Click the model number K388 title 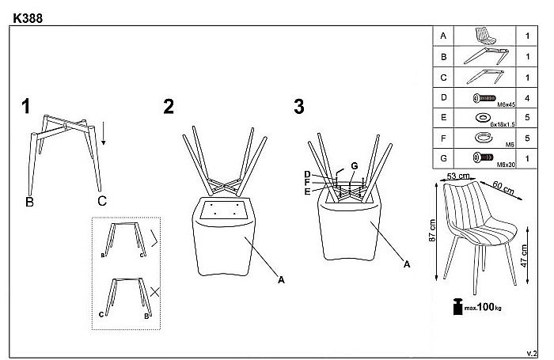(x=28, y=18)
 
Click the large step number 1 (x=26, y=106)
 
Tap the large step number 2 (x=169, y=106)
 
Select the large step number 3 (x=299, y=107)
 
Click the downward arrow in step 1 (x=103, y=133)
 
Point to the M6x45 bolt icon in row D (x=484, y=98)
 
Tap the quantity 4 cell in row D (x=527, y=98)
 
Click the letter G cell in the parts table (x=443, y=158)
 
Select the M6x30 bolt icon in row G (x=483, y=157)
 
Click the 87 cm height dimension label (x=432, y=230)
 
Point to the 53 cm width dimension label (x=458, y=176)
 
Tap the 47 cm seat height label (x=524, y=256)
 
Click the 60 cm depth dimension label (x=503, y=188)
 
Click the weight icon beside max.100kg (x=458, y=307)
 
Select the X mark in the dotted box (x=155, y=292)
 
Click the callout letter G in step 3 (x=355, y=165)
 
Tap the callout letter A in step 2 (x=281, y=280)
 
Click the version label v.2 (x=531, y=354)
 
